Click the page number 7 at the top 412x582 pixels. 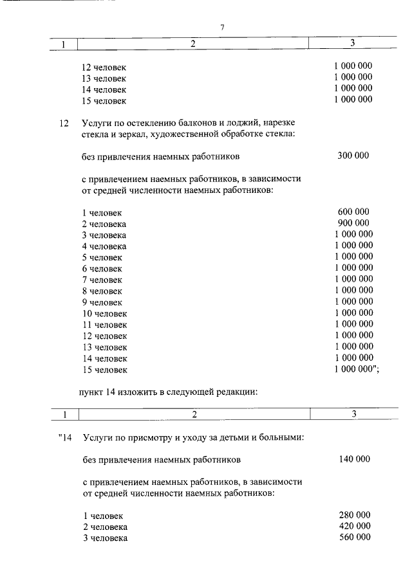[222, 27]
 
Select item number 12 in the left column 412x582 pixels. [63, 122]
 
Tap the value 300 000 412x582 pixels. [353, 155]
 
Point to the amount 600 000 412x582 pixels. [353, 212]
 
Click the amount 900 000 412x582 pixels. [353, 223]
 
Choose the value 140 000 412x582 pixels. [354, 459]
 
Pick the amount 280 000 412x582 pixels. [354, 515]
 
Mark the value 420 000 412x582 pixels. [354, 526]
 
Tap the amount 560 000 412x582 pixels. [354, 538]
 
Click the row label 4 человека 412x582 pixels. [104, 246]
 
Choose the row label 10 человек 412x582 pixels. [104, 313]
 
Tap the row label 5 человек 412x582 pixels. [102, 257]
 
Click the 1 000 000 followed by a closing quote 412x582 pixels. [356, 369]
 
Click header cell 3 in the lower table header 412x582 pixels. [353, 414]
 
